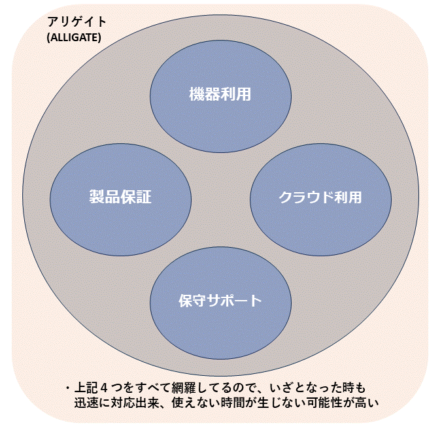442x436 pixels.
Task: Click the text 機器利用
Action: [220, 94]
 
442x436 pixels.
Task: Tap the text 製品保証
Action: [121, 197]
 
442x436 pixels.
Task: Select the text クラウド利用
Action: [320, 197]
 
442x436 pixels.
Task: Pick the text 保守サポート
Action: [220, 301]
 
